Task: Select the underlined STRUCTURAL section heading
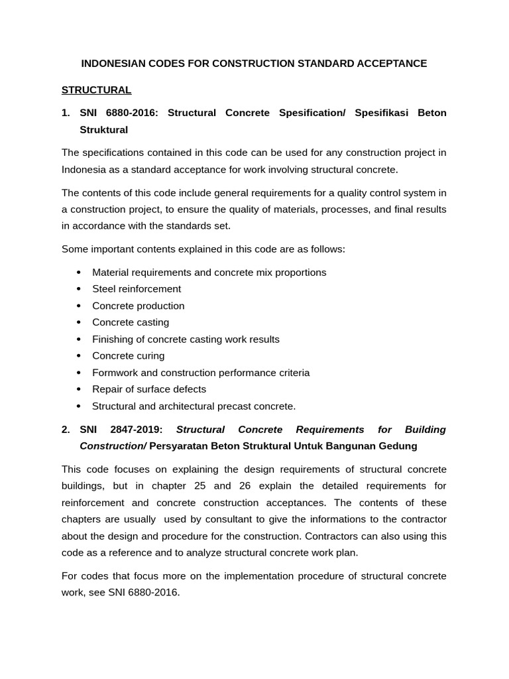96,90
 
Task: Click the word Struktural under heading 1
103,129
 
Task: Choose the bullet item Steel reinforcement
137,289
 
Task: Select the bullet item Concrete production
138,306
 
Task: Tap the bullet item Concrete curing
128,355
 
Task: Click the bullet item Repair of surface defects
149,389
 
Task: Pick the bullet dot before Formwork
78,373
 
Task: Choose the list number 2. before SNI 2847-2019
66,430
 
